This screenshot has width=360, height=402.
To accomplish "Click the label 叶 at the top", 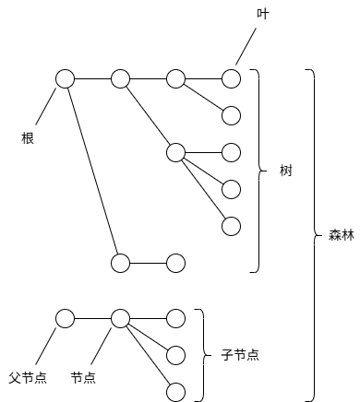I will pos(262,15).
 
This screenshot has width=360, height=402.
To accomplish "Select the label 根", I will pos(29,138).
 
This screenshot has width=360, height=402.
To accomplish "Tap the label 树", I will pos(287,171).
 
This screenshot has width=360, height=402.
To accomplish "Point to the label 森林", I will pos(341,234).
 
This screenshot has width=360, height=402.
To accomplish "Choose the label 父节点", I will pos(29,378).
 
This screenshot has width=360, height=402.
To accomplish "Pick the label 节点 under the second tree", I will pos(83,378).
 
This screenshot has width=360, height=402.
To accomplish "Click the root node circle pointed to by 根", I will pos(65,79).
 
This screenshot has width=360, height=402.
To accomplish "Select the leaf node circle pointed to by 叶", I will pos(231,79).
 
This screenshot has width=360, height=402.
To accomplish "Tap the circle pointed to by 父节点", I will pos(65,318).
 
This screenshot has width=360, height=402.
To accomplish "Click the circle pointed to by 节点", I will pos(120,318).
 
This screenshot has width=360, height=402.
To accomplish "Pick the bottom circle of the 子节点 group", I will pos(175,390).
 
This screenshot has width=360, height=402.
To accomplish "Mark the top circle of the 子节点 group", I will pos(175,318).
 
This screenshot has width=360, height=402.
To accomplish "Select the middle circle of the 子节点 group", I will pos(175,354).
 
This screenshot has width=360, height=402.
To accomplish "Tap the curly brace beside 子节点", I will pos(201,354).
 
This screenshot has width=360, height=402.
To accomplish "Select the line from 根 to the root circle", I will pos(45,109).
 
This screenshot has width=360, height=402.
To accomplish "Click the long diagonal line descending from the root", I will pos(92,171).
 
